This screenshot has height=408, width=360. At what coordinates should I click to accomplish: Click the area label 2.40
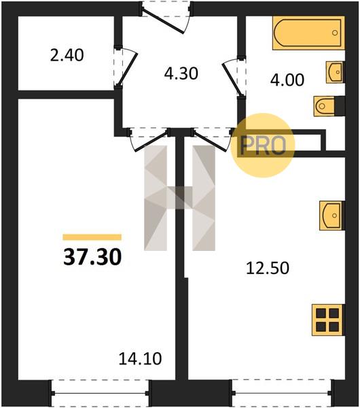click(x=67, y=56)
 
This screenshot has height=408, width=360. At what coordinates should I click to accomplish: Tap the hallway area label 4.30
click(x=181, y=73)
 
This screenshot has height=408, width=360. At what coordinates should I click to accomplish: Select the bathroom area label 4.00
click(x=287, y=80)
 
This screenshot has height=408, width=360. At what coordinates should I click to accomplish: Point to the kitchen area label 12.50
click(x=268, y=268)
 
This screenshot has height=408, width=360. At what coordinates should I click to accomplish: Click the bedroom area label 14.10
click(x=140, y=358)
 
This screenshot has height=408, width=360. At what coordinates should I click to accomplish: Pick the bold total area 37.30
click(x=92, y=257)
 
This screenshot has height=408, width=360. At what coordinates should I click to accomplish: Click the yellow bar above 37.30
click(x=92, y=237)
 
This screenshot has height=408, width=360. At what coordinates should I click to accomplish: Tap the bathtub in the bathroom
click(x=308, y=33)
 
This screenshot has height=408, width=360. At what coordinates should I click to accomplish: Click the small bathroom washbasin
click(x=336, y=72)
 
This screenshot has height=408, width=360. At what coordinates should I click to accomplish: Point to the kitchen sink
click(x=332, y=216)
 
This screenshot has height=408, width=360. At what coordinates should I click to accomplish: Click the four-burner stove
click(x=328, y=320)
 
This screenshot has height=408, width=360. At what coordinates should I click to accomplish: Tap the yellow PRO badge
click(x=263, y=146)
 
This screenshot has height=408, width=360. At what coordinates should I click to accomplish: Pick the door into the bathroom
click(x=234, y=78)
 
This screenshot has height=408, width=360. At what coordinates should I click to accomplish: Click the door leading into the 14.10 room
click(x=148, y=139)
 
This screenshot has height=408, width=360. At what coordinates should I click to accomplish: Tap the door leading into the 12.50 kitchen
click(x=212, y=139)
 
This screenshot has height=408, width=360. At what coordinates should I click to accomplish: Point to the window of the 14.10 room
click(x=100, y=393)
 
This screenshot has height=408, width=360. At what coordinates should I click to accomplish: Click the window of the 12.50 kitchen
click(x=281, y=393)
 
